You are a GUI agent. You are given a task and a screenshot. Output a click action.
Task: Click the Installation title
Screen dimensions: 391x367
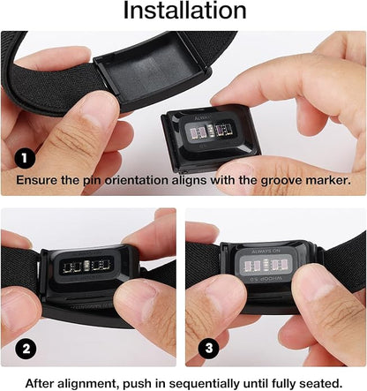[x=183, y=11]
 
